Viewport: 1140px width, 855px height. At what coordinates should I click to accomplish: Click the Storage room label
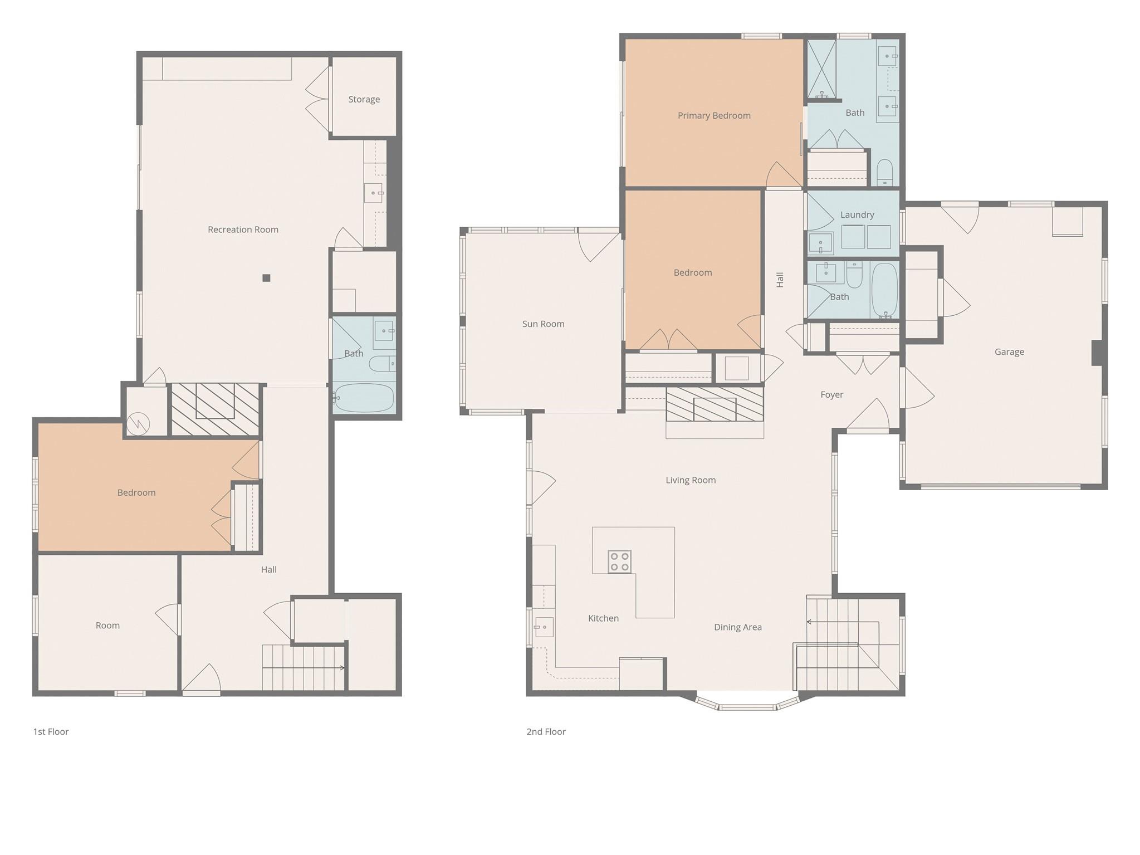[364, 99]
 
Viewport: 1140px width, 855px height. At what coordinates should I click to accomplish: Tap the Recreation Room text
[243, 229]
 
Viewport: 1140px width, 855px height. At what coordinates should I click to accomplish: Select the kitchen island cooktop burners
[619, 561]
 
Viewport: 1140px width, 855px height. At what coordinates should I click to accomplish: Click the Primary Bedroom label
[714, 115]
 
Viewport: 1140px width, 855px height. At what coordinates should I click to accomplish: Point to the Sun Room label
[543, 324]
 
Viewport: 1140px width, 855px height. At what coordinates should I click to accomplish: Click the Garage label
[1009, 351]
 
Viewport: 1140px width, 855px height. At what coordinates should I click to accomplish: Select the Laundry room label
[857, 214]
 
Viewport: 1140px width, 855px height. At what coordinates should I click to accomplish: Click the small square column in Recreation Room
[266, 278]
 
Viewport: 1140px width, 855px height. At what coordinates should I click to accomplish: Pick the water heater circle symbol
[138, 424]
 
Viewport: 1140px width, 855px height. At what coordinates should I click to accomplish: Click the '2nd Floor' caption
[546, 731]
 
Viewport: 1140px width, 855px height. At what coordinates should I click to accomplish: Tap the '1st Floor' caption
[51, 731]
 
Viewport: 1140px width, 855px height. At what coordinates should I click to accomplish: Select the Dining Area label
[737, 627]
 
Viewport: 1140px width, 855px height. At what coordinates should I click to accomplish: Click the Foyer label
[831, 394]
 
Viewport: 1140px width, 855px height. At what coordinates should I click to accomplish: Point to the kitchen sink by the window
[544, 627]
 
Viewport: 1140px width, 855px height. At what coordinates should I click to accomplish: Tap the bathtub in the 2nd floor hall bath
[884, 290]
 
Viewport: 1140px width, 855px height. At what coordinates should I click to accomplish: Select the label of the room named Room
[107, 625]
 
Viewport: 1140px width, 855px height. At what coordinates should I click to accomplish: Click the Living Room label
[691, 480]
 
